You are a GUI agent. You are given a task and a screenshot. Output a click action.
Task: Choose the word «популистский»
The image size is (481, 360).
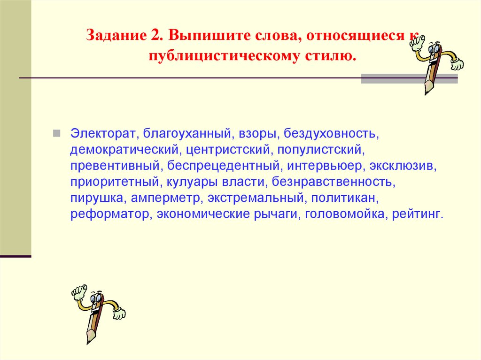[320, 150]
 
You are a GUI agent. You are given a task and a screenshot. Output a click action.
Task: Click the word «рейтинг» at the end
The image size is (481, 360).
[419, 214]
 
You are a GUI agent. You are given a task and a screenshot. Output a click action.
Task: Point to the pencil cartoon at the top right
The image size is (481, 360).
[434, 61]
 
